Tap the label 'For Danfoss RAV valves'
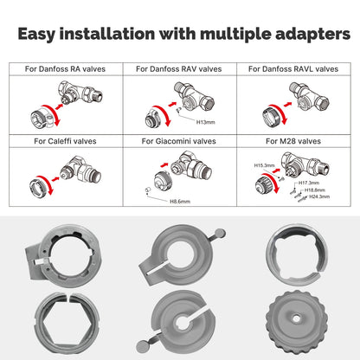click(x=179, y=68)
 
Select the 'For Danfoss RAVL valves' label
click(x=293, y=68)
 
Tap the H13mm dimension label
click(x=205, y=122)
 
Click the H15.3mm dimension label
click(x=264, y=164)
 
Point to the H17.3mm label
click(x=309, y=183)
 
